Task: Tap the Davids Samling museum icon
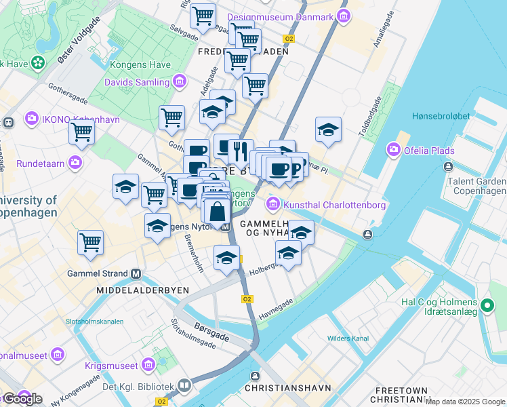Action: coord(180,82)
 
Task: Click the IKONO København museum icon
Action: coord(31,119)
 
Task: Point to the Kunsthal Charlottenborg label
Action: coord(335,205)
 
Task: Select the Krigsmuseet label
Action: coord(110,366)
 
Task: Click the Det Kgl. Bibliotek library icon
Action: coord(184,387)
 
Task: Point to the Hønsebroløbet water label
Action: coord(441,116)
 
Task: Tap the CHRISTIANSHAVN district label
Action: coord(287,388)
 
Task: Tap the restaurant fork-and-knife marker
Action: coord(241,152)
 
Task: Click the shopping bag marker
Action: coord(218,212)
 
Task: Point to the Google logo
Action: coord(22,399)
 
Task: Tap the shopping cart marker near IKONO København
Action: coord(82,133)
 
